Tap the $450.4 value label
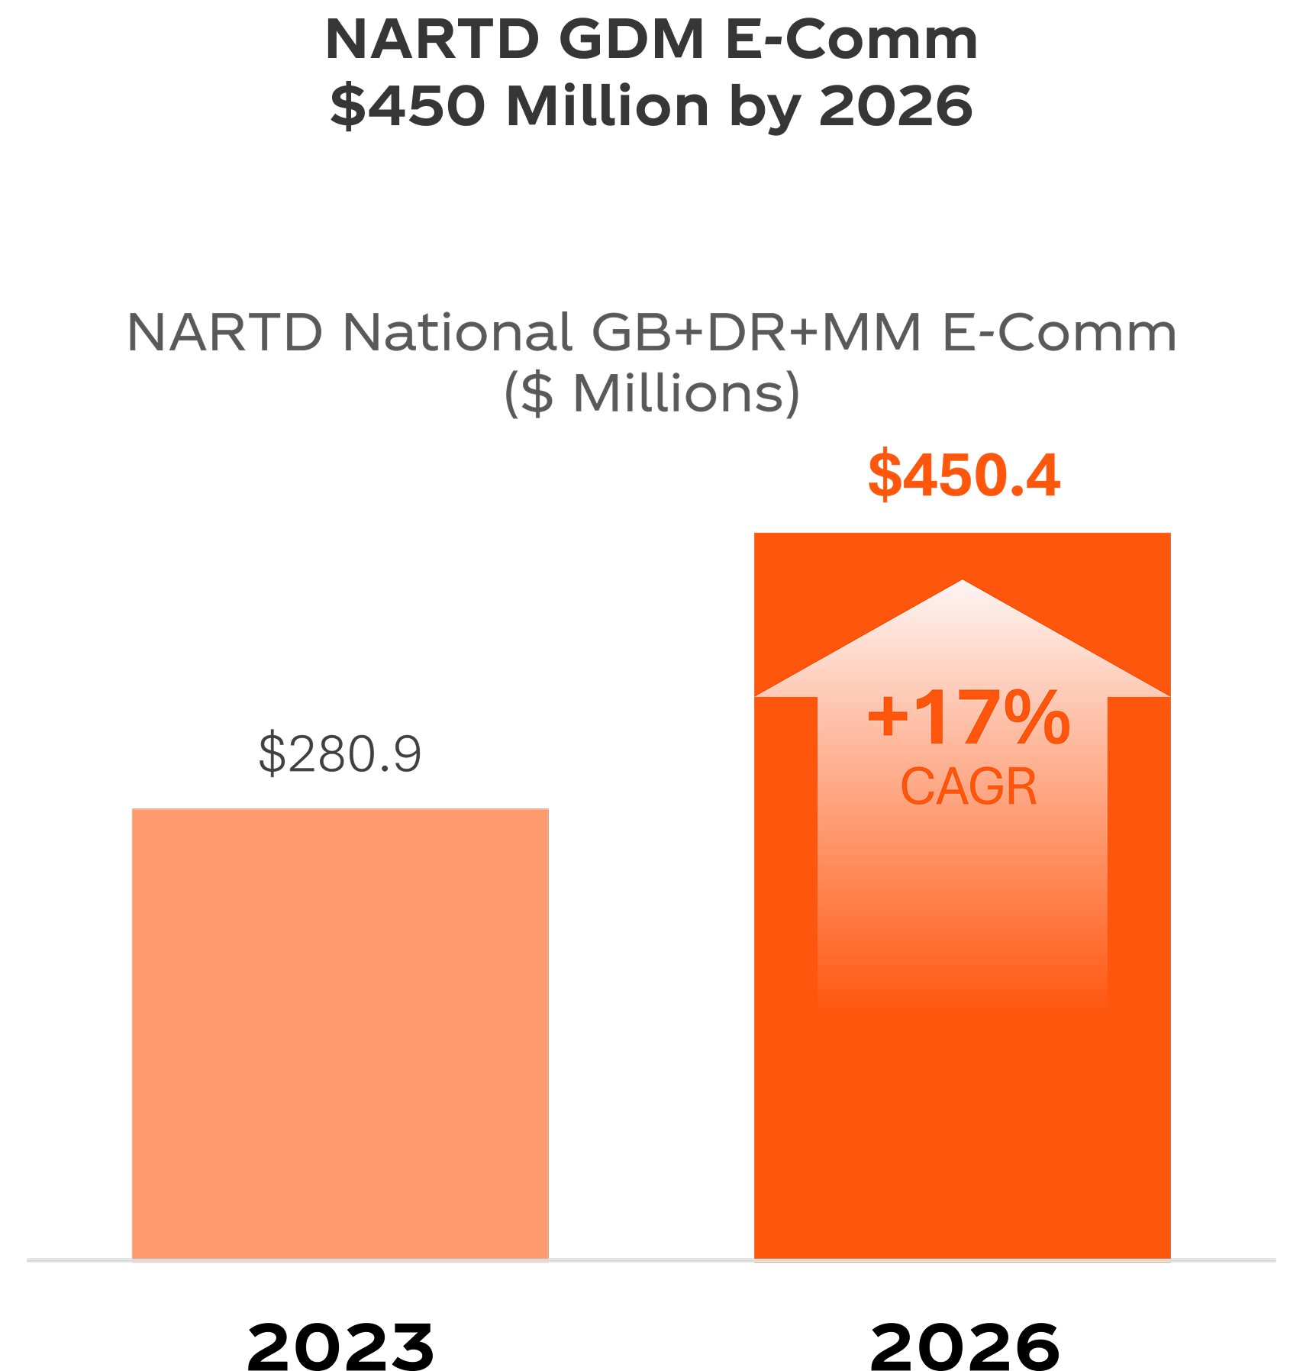point(963,475)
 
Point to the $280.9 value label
point(340,754)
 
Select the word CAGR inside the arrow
point(968,786)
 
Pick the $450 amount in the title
point(408,107)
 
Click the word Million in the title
point(607,107)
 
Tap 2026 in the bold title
point(896,107)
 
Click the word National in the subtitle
point(456,333)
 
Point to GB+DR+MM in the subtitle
point(756,333)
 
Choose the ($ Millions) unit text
point(651,394)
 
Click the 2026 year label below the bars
point(963,1347)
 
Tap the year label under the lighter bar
point(340,1347)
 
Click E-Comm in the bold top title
point(850,40)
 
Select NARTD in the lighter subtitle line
point(224,333)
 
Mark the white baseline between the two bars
point(651,1260)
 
